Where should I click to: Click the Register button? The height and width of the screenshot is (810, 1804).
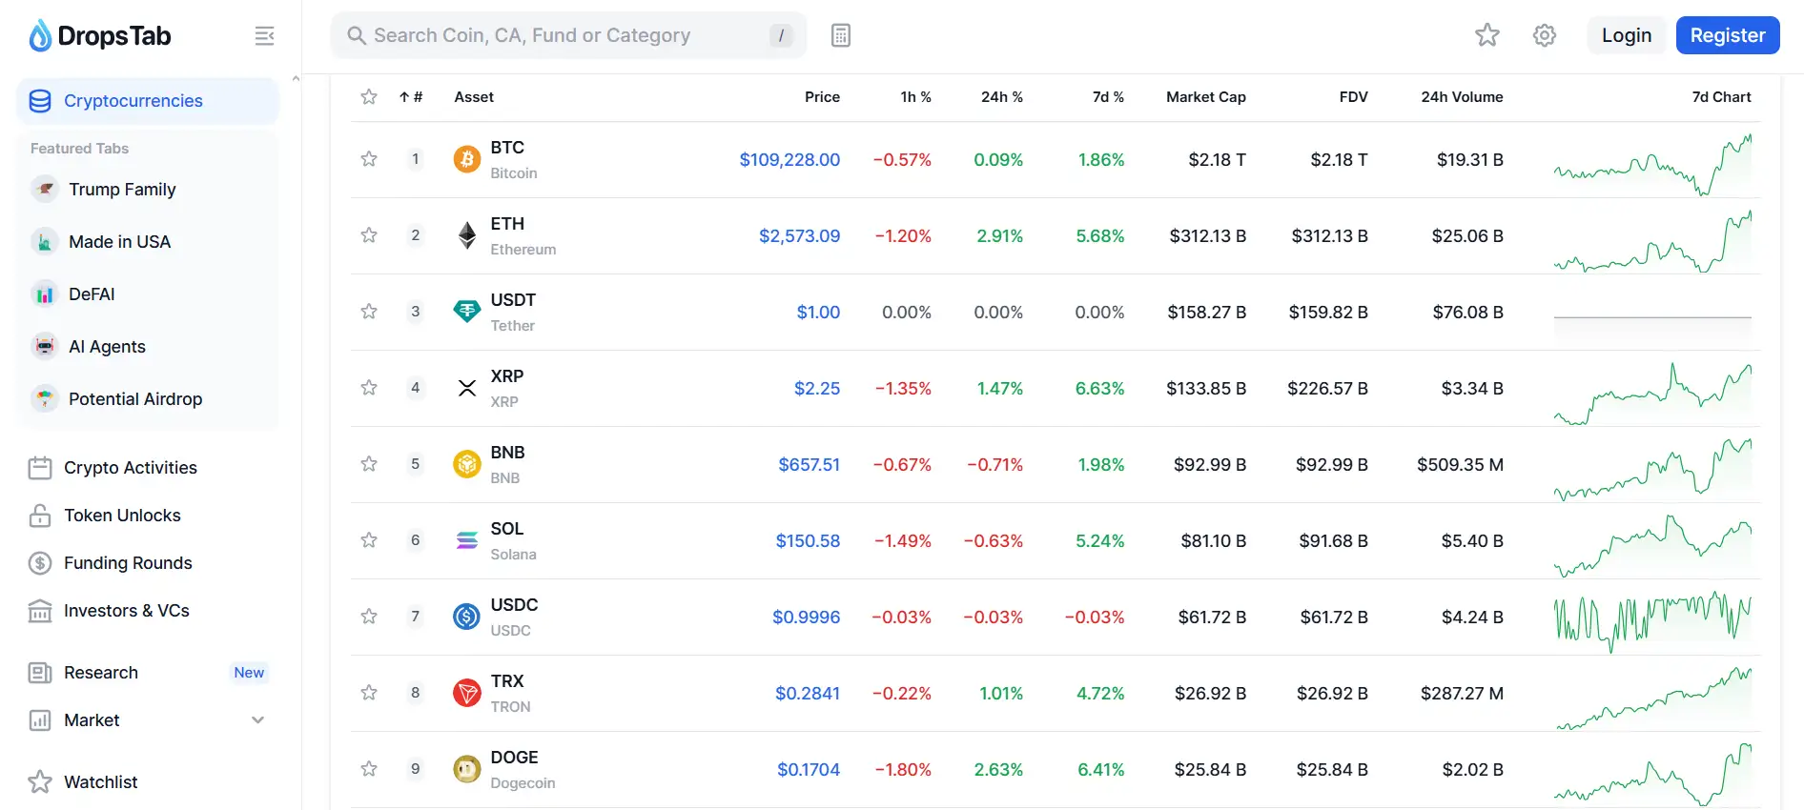[1727, 35]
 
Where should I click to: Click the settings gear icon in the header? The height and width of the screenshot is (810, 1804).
[1544, 35]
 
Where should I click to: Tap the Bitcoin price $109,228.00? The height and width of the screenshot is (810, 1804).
[789, 160]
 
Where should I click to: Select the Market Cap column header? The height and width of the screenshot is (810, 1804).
[1205, 97]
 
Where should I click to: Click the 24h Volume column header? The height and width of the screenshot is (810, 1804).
[1461, 97]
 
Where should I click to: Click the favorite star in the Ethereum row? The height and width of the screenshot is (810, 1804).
[369, 235]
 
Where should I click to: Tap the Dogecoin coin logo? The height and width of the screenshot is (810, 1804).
[466, 769]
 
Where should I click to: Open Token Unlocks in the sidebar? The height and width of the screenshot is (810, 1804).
[122, 516]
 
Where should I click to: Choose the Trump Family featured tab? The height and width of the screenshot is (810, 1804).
[122, 190]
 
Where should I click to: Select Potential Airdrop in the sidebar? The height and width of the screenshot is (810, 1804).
[134, 399]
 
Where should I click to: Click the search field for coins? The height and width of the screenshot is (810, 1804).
[563, 35]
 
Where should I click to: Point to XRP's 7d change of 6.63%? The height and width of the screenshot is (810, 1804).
[1099, 389]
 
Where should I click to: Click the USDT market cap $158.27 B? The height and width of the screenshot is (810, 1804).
[1206, 313]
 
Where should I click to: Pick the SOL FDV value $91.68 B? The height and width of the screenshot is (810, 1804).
[1333, 541]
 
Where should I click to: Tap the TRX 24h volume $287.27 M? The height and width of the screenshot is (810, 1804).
[1461, 694]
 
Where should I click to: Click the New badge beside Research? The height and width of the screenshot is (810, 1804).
[249, 673]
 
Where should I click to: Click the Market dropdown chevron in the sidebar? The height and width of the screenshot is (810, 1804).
[257, 720]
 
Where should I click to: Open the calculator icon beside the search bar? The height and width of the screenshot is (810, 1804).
[840, 35]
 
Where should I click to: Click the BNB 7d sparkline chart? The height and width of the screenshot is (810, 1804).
[1652, 466]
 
